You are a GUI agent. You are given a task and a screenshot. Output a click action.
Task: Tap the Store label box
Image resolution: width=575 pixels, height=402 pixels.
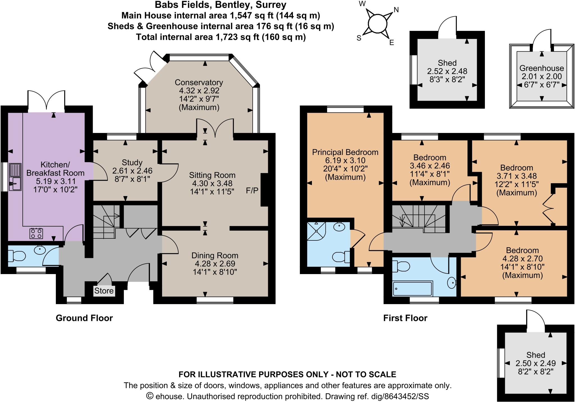coord(104,291)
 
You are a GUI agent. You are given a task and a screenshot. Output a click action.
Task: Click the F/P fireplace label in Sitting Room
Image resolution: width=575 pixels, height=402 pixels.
coord(252,191)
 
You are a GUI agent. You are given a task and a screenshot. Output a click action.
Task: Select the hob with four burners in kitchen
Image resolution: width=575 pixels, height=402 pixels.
coord(36,233)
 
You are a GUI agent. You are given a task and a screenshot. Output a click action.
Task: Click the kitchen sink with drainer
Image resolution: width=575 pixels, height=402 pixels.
coord(15,177)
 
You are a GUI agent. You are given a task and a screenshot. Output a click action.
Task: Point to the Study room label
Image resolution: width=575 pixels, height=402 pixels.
coord(132,162)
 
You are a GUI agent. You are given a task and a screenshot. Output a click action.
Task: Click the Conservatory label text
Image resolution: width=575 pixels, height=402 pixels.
coord(199,82)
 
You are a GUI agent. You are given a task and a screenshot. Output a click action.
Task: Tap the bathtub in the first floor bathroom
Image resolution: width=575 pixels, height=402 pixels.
coord(412,289)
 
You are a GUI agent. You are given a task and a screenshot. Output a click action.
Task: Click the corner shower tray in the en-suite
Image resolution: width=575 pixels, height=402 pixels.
coord(317,231)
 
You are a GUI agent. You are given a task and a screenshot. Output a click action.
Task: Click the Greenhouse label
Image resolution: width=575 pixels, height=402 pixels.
coord(542,68)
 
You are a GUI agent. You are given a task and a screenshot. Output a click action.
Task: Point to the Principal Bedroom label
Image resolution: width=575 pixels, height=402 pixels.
coord(345,152)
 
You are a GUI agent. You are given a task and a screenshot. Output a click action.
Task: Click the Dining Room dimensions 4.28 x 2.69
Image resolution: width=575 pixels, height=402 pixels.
coord(215,264)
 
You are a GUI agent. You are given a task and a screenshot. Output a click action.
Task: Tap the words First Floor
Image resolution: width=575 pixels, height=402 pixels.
coord(405,318)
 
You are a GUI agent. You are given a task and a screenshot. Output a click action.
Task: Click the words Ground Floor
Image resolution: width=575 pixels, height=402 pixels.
coord(84,318)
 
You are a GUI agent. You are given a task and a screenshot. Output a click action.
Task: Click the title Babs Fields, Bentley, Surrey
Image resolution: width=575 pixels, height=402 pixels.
coord(220,5)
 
